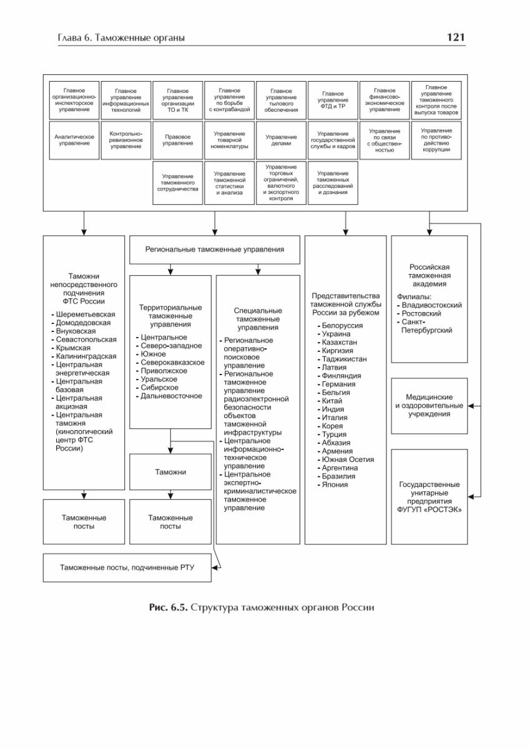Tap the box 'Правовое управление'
178,140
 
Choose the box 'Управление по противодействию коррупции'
436,140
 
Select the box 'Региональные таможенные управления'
214,249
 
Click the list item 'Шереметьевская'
86,314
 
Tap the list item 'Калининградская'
86,356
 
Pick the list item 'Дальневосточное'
171,396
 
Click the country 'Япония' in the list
336,484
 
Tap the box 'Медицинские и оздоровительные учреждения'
429,405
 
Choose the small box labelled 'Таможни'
170,472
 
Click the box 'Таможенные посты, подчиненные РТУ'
127,567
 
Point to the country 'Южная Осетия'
348,459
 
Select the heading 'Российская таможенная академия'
429,275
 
